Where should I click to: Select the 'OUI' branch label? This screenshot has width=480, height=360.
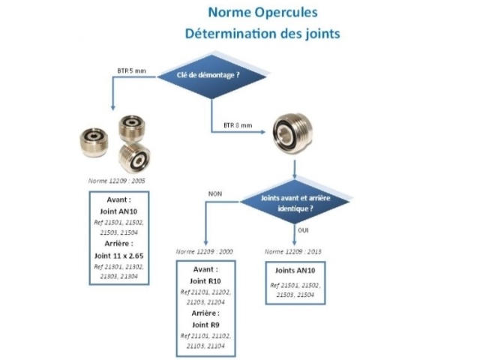[304, 231]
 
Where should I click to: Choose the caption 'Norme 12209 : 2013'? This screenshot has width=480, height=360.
[292, 250]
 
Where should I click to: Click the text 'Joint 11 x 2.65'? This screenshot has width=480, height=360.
[118, 254]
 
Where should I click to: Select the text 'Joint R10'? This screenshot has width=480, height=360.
[205, 280]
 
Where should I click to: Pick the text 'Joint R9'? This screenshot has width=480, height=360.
[205, 325]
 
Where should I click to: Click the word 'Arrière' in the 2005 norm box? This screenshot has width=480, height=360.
[118, 244]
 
